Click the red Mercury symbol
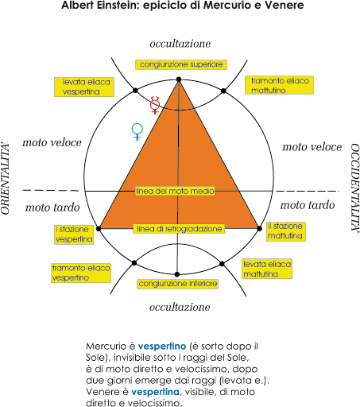[155, 105]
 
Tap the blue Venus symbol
[137, 131]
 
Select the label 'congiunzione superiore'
[181, 64]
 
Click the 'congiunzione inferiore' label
[178, 284]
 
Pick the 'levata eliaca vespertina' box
[84, 87]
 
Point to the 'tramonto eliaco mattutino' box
[279, 85]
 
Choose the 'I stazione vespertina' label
[74, 235]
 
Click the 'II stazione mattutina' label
[286, 231]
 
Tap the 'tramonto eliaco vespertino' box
[81, 273]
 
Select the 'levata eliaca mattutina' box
[267, 269]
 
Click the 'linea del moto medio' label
[175, 191]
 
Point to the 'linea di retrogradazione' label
[179, 229]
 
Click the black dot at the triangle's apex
[179, 79]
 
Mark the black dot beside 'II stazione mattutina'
[260, 228]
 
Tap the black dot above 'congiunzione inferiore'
[177, 274]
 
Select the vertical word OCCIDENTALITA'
[355, 188]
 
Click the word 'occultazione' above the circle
[180, 44]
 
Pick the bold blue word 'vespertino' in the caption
[162, 347]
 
